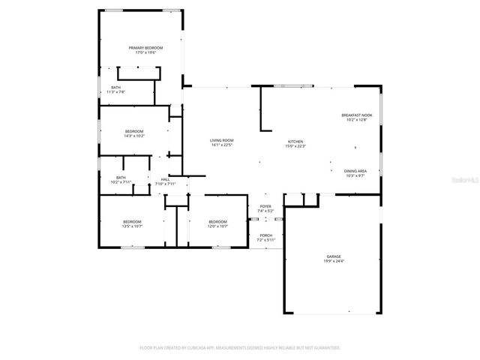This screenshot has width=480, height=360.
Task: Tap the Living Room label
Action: (x=221, y=140)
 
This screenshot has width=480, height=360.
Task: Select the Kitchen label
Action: (x=295, y=141)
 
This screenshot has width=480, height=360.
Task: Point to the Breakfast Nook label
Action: (x=355, y=115)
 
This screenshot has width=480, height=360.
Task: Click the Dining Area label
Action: (x=355, y=171)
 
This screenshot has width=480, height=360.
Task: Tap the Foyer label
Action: (x=265, y=206)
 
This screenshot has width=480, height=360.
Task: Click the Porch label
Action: (x=265, y=235)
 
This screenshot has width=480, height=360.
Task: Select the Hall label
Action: (x=164, y=179)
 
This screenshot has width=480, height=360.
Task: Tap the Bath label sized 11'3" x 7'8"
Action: (x=115, y=87)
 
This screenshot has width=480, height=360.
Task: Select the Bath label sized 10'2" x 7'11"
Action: (x=121, y=177)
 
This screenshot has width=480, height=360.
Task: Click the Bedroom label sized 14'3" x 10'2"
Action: (x=134, y=131)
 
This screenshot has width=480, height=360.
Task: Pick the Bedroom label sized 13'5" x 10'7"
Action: (x=133, y=221)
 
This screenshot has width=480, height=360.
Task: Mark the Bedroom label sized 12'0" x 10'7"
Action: (x=217, y=221)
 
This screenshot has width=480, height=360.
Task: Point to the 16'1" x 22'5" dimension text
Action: (x=221, y=145)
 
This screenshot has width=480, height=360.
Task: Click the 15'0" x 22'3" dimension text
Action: (x=295, y=146)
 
